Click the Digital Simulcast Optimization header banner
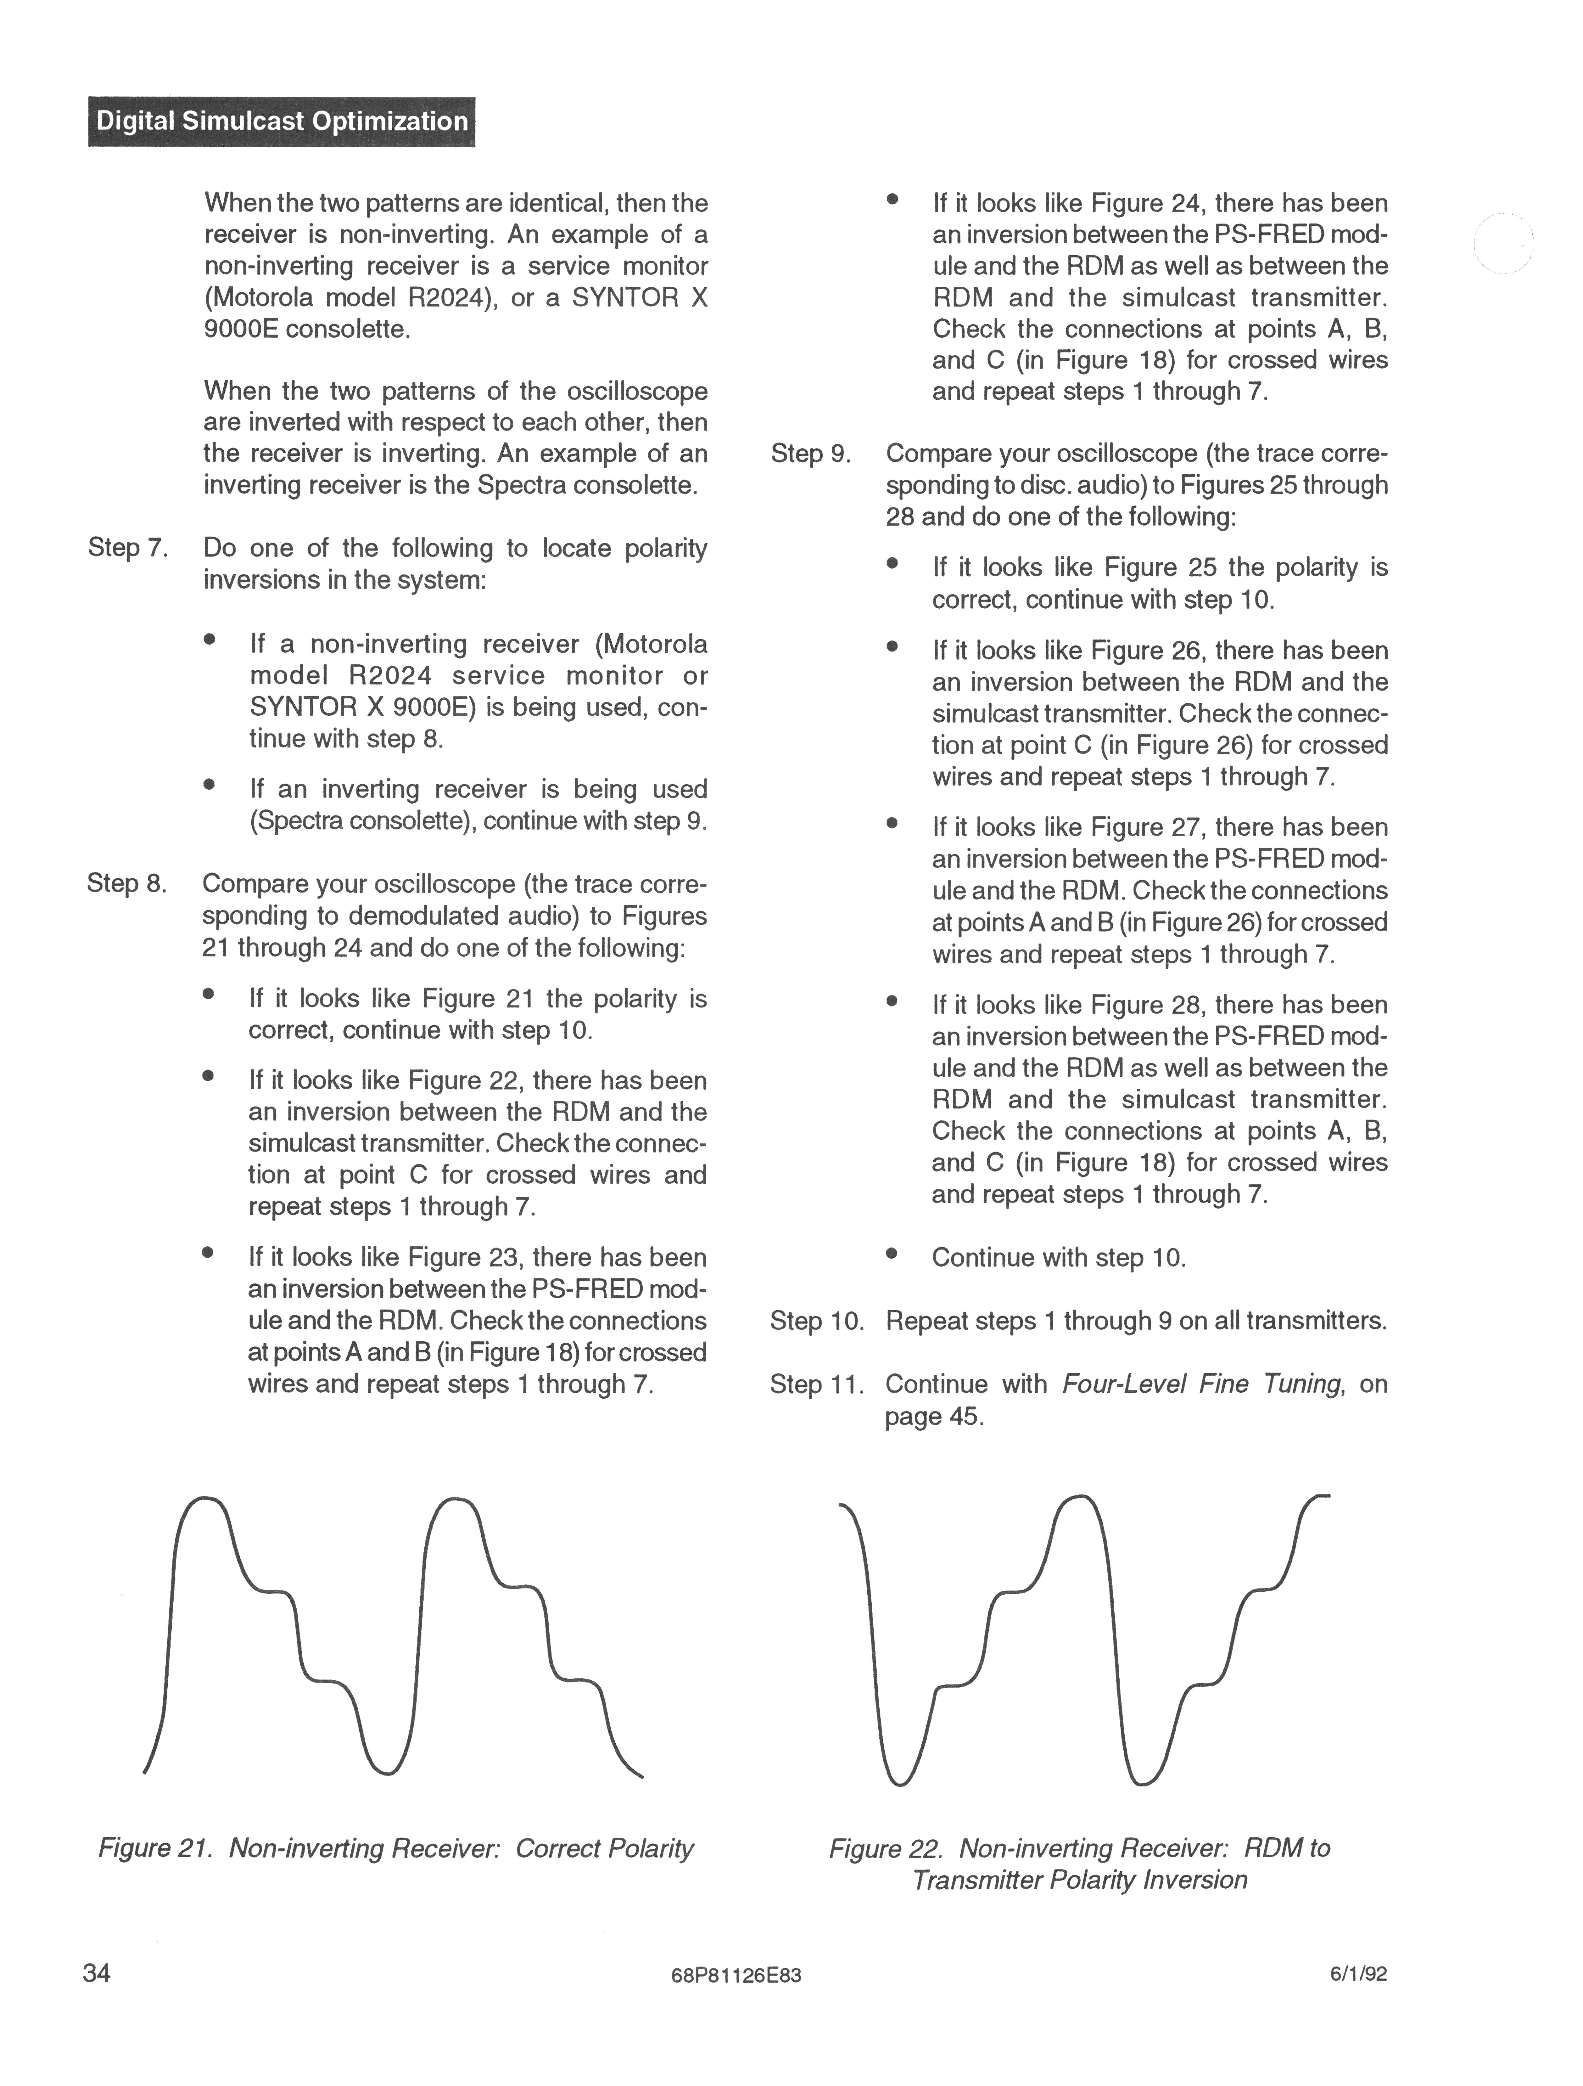point(281,122)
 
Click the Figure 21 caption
point(396,1848)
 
